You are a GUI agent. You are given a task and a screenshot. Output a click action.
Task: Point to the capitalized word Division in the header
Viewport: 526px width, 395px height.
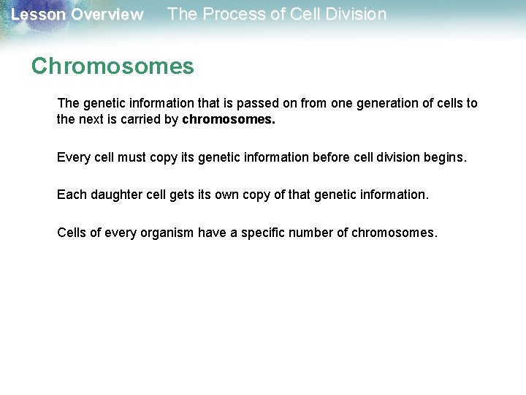point(354,14)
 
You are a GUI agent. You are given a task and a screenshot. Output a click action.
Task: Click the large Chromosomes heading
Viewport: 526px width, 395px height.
point(113,67)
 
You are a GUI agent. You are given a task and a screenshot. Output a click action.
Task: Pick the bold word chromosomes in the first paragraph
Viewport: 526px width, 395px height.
point(229,119)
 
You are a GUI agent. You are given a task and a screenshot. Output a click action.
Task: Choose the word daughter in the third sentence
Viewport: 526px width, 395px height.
point(113,195)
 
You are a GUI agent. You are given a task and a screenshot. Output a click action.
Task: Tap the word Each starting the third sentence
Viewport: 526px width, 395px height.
point(71,195)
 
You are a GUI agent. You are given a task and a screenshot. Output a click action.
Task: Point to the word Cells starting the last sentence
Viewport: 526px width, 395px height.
point(72,233)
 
